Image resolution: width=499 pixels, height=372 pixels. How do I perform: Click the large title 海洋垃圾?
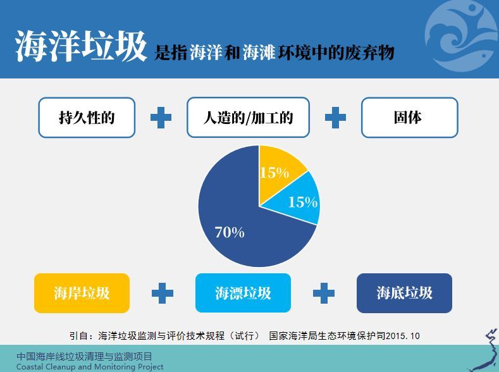click(x=81, y=46)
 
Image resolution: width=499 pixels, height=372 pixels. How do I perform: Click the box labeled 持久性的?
click(x=87, y=118)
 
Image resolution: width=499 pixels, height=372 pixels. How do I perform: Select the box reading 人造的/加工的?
click(x=248, y=118)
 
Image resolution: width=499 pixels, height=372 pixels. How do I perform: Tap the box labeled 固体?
click(x=410, y=118)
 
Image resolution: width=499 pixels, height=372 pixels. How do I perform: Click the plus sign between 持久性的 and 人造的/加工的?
click(x=161, y=118)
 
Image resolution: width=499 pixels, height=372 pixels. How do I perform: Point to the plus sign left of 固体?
click(x=335, y=118)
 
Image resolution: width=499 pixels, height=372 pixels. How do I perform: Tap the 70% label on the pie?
click(x=230, y=232)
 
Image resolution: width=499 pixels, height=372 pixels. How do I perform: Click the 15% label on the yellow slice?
click(x=274, y=173)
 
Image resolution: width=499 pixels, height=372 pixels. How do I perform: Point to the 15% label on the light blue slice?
click(x=303, y=202)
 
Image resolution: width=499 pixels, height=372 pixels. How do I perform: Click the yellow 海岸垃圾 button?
click(x=82, y=293)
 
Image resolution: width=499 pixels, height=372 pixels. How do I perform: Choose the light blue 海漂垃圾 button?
click(x=243, y=293)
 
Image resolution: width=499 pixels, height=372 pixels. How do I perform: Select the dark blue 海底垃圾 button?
click(x=405, y=293)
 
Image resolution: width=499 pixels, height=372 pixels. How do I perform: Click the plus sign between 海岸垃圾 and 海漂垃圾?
click(x=163, y=293)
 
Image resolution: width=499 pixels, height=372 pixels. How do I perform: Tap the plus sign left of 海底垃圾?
click(x=324, y=293)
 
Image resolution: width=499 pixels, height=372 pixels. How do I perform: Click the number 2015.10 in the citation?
click(x=403, y=336)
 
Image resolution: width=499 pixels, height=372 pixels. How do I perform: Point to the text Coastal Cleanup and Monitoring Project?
click(x=90, y=366)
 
